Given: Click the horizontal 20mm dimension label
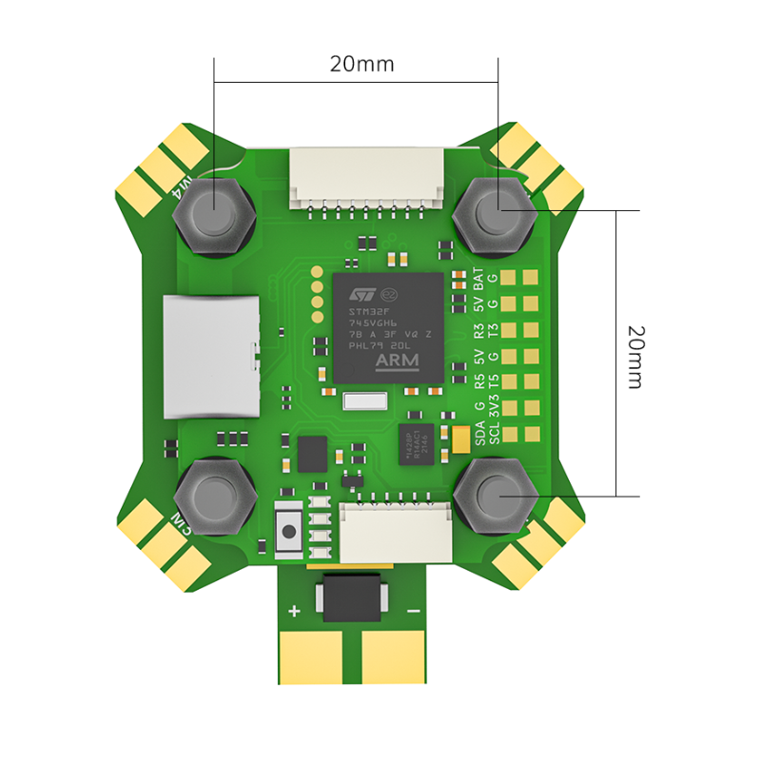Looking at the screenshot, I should [x=361, y=65].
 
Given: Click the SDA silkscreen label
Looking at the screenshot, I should [x=479, y=435].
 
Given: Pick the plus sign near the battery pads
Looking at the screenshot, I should [x=294, y=611].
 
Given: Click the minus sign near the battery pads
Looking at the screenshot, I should [x=414, y=611].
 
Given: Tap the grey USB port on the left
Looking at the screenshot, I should [x=211, y=357].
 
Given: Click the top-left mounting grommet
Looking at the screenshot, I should [x=215, y=215].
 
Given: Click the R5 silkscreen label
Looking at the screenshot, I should [x=479, y=382].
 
